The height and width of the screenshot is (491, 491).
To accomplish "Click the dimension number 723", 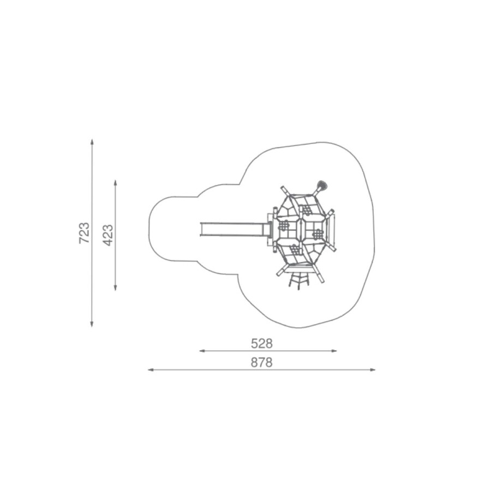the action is (x=84, y=233).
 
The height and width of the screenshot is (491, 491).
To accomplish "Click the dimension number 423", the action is (x=108, y=235).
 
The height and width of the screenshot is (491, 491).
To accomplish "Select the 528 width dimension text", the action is (x=262, y=344).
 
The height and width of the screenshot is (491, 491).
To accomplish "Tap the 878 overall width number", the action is (x=262, y=363).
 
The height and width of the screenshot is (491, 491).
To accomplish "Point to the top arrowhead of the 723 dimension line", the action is (x=92, y=141).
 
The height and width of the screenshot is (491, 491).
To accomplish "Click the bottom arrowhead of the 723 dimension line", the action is (x=92, y=324).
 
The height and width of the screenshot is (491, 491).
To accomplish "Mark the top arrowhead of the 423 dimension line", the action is (x=116, y=183).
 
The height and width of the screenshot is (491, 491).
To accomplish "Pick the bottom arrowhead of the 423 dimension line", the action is (x=116, y=288).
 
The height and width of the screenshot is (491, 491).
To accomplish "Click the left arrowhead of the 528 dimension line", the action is (x=202, y=351).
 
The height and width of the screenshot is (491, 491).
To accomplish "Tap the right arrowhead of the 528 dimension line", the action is (x=334, y=351).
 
